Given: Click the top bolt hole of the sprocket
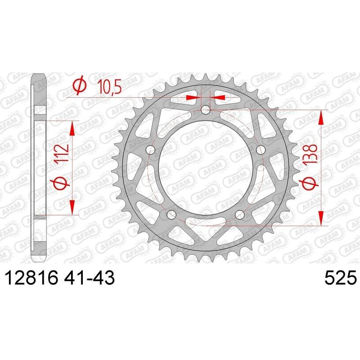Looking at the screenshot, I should coord(206,109).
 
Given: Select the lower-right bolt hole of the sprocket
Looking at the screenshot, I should coord(238,213).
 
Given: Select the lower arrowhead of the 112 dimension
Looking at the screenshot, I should coord(72,208).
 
